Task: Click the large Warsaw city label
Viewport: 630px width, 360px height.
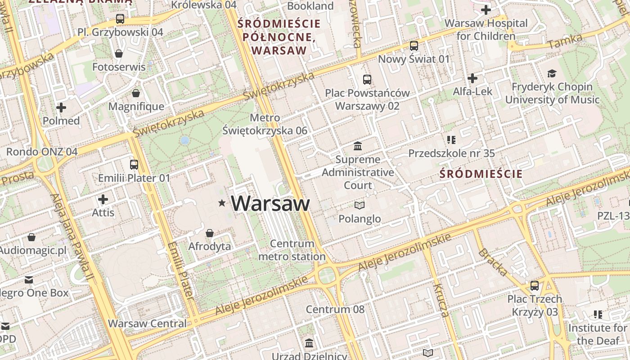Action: tap(270, 203)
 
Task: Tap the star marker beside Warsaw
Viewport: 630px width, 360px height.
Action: tap(221, 203)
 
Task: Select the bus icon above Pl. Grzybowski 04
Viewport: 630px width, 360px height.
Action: tap(120, 19)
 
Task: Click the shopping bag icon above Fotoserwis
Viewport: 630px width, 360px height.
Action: tap(119, 54)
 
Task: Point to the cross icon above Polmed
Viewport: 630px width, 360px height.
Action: tap(61, 108)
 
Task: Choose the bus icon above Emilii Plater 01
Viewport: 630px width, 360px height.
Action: tap(134, 164)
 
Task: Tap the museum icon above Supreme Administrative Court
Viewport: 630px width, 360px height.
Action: tap(358, 146)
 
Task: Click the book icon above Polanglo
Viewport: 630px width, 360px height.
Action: tap(359, 205)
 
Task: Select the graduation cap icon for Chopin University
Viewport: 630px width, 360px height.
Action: tap(552, 73)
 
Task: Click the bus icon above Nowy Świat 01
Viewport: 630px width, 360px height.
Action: tap(414, 45)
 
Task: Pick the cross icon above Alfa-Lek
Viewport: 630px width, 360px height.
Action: tap(472, 78)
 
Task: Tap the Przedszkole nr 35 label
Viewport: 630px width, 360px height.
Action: tap(451, 153)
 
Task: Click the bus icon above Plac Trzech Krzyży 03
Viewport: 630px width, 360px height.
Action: tap(535, 285)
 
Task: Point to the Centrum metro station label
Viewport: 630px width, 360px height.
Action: tap(292, 250)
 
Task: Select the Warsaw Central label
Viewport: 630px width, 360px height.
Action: tap(147, 323)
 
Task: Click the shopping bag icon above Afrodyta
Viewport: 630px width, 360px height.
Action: tap(209, 233)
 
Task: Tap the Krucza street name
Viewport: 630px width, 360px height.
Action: tap(441, 300)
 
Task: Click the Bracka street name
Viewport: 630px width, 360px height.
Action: tap(493, 262)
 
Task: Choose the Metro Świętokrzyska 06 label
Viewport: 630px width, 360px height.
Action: tap(265, 124)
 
